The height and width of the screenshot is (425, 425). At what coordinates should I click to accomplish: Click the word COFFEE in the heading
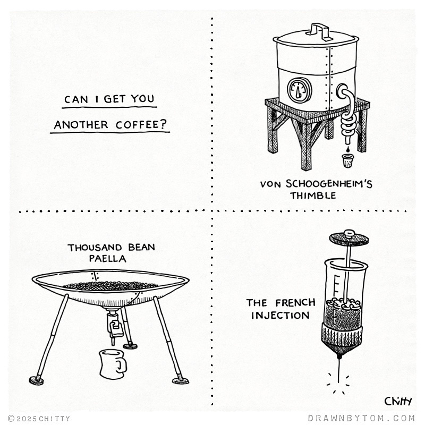pyautogui.click(x=141, y=125)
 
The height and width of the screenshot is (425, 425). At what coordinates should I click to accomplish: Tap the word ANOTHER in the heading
pyautogui.click(x=81, y=125)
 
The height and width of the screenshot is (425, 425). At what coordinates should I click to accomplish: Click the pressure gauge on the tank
pyautogui.click(x=299, y=90)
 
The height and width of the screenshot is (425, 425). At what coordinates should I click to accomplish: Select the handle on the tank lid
pyautogui.click(x=320, y=31)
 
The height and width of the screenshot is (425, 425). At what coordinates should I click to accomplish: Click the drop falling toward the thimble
pyautogui.click(x=347, y=149)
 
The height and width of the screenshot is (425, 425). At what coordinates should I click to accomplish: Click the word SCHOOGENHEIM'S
pyautogui.click(x=329, y=184)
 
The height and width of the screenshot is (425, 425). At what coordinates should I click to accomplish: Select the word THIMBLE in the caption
pyautogui.click(x=313, y=195)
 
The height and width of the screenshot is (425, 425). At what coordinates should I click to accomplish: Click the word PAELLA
pyautogui.click(x=108, y=258)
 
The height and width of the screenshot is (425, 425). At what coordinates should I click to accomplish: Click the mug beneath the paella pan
pyautogui.click(x=113, y=364)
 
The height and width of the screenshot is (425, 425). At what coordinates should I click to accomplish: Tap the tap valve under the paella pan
pyautogui.click(x=114, y=326)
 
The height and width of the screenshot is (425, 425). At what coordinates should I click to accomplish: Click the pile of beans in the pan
pyautogui.click(x=110, y=285)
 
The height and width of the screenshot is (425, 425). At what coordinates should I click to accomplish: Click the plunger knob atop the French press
pyautogui.click(x=350, y=233)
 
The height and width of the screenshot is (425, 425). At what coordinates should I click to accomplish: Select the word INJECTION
pyautogui.click(x=280, y=316)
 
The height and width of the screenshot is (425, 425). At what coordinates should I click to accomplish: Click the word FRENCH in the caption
pyautogui.click(x=295, y=302)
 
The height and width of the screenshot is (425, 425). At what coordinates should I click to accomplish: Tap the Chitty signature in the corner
pyautogui.click(x=398, y=401)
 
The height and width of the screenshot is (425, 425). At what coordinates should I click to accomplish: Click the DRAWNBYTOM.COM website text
pyautogui.click(x=362, y=418)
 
